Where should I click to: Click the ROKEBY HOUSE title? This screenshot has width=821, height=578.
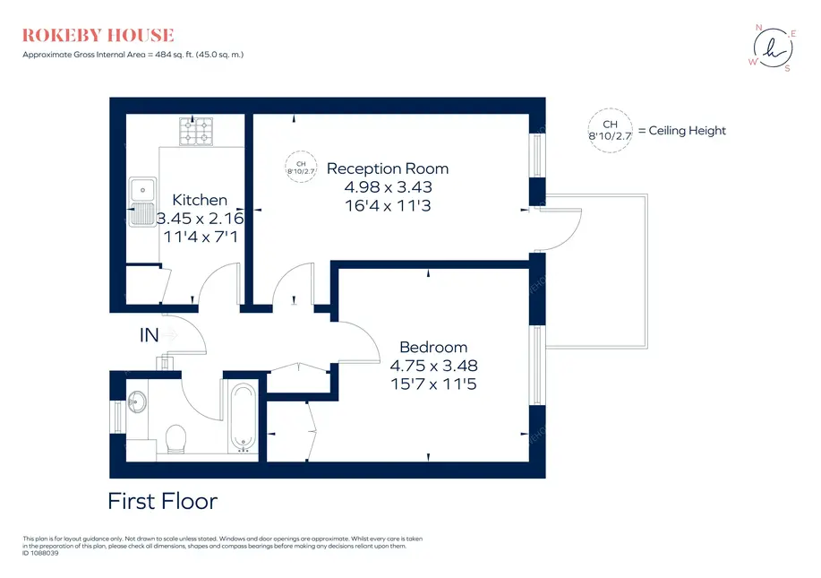[98, 35]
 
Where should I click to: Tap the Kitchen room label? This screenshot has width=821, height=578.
[200, 200]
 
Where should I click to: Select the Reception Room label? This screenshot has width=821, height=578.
[388, 168]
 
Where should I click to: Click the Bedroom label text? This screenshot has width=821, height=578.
[433, 347]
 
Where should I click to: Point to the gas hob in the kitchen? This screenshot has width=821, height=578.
[196, 131]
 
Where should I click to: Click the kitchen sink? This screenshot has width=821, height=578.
[142, 202]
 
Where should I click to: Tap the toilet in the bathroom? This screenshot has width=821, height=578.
[175, 439]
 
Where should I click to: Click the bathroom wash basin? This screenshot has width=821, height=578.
[137, 402]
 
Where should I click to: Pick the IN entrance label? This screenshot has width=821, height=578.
[150, 335]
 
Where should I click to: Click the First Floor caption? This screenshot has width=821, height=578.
[162, 501]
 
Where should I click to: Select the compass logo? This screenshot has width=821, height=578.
[774, 47]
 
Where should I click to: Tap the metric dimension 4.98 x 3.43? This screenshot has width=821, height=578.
[388, 187]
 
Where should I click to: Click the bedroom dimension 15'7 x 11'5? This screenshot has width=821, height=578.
[433, 384]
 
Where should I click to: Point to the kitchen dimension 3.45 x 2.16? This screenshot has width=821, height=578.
[200, 218]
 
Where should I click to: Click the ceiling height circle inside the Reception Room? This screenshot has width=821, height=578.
[301, 167]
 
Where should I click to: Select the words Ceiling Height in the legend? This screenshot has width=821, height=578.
[687, 131]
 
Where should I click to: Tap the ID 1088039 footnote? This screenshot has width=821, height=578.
[40, 553]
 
